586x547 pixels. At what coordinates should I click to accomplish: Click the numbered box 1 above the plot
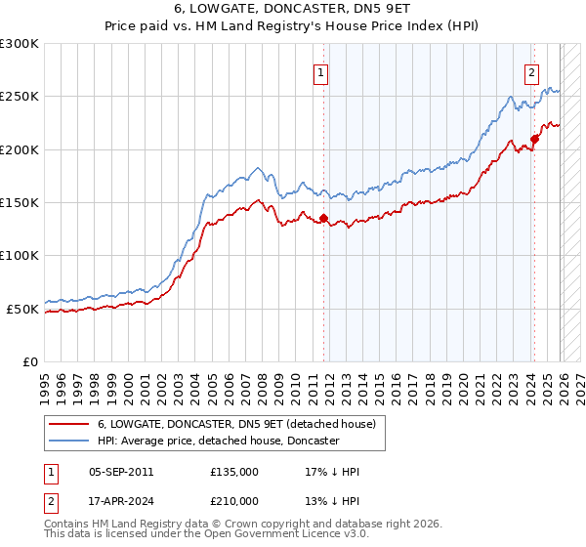(320, 71)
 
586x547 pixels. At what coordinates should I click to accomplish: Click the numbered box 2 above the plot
(531, 71)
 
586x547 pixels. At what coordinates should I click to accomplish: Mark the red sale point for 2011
(323, 219)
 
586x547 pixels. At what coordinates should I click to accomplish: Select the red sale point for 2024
(535, 139)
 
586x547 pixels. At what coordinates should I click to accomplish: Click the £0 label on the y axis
(29, 361)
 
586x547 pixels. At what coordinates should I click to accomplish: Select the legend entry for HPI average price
(217, 441)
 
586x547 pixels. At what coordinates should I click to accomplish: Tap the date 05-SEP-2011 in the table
(120, 471)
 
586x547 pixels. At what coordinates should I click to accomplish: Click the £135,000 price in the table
(234, 471)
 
